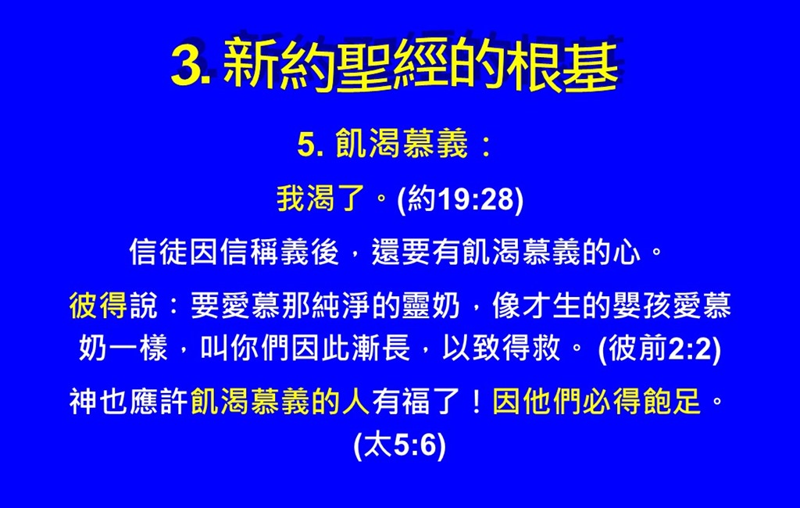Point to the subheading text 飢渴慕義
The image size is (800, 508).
coord(402,144)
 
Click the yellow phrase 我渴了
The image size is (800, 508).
coord(321,198)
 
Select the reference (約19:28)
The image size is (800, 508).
coord(460,199)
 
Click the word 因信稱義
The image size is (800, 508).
coord(248,252)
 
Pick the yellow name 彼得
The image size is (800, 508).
coord(98,306)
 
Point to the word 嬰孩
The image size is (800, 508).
coord(641,306)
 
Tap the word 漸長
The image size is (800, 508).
coord(380,349)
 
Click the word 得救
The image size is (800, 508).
coord(531,349)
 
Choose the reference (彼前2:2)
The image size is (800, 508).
coord(659,349)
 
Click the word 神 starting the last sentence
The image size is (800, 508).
coord(83,401)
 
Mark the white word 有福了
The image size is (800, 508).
coord(416,401)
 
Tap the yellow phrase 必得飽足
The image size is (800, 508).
coord(641,401)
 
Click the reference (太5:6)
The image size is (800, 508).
coord(399,445)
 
